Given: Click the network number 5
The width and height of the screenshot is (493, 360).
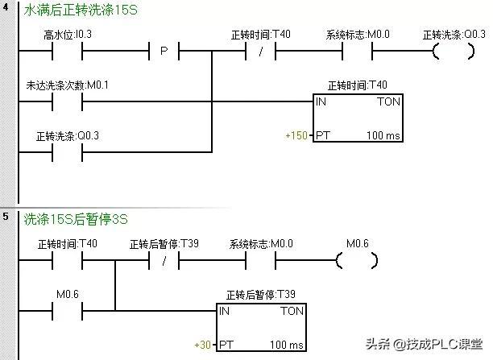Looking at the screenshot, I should coord(6,217).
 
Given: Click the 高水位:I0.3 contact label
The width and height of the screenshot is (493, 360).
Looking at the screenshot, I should coord(69,35).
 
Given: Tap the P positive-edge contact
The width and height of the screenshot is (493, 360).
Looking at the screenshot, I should coord(164,52).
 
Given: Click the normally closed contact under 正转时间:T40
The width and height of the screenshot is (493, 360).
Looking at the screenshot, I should coord(259,52).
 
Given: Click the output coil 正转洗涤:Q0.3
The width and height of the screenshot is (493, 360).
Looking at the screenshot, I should coord(454,52).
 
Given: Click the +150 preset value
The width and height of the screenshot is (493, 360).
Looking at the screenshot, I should coord(296,135).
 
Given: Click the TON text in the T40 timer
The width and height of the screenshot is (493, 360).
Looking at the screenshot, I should coord(387,103).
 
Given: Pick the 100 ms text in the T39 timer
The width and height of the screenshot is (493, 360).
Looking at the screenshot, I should coord(287,345).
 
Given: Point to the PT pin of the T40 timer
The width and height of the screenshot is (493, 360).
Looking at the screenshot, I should coord(322,135).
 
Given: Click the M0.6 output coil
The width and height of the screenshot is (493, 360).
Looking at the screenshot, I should coord(357,260).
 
